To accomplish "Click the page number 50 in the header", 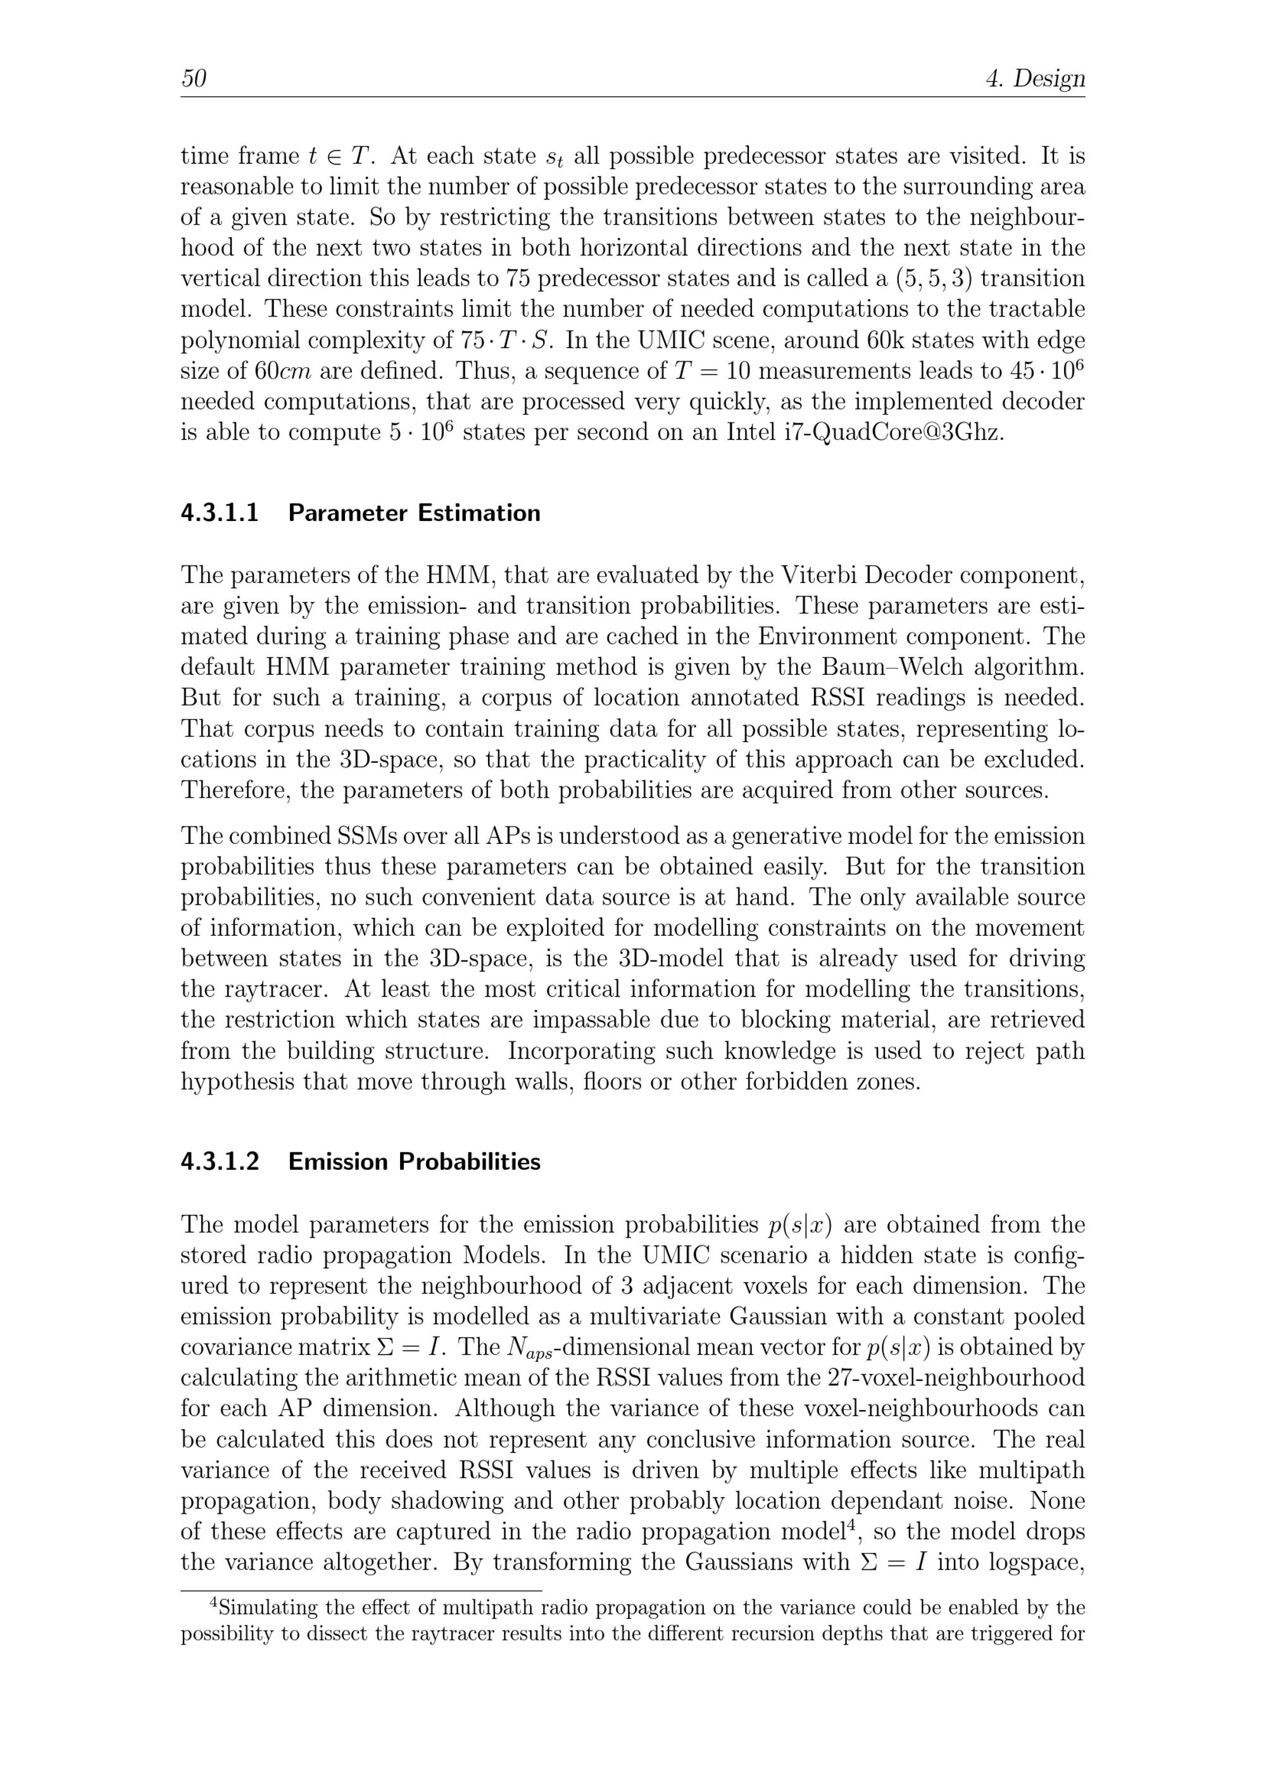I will tap(194, 79).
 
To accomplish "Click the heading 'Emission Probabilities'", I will tap(414, 1162).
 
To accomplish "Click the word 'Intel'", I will tap(750, 432).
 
